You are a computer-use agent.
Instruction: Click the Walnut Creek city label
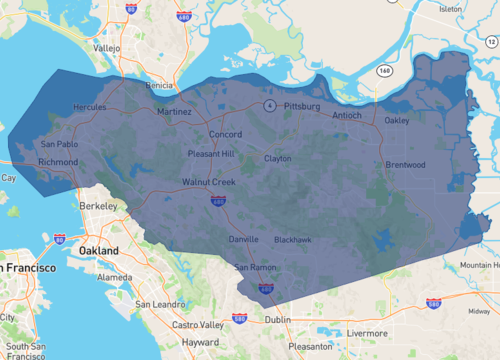tap(208, 182)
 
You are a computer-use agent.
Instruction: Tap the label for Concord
tap(225, 134)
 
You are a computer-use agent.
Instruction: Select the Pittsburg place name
tap(300, 105)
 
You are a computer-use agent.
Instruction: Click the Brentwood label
tap(405, 165)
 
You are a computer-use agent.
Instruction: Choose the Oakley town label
tap(397, 121)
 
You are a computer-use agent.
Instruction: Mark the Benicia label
tap(160, 86)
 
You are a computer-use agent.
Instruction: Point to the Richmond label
tap(57, 161)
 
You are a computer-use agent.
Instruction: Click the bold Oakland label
tap(100, 250)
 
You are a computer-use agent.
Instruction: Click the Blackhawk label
tap(292, 240)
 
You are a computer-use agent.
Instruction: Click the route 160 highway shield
tap(384, 71)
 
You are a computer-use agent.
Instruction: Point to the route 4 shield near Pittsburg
tap(269, 105)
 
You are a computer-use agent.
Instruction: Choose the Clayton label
tap(277, 158)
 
